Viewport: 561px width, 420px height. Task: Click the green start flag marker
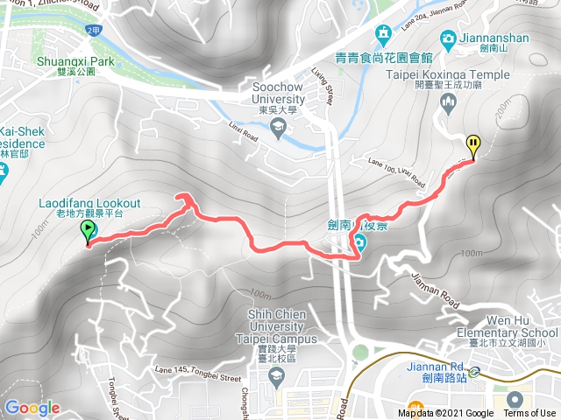[x=89, y=231]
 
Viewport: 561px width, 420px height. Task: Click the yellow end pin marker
[x=473, y=145]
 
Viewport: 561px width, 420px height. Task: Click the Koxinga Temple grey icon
[x=448, y=103]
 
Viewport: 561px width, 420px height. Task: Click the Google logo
[x=32, y=408]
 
